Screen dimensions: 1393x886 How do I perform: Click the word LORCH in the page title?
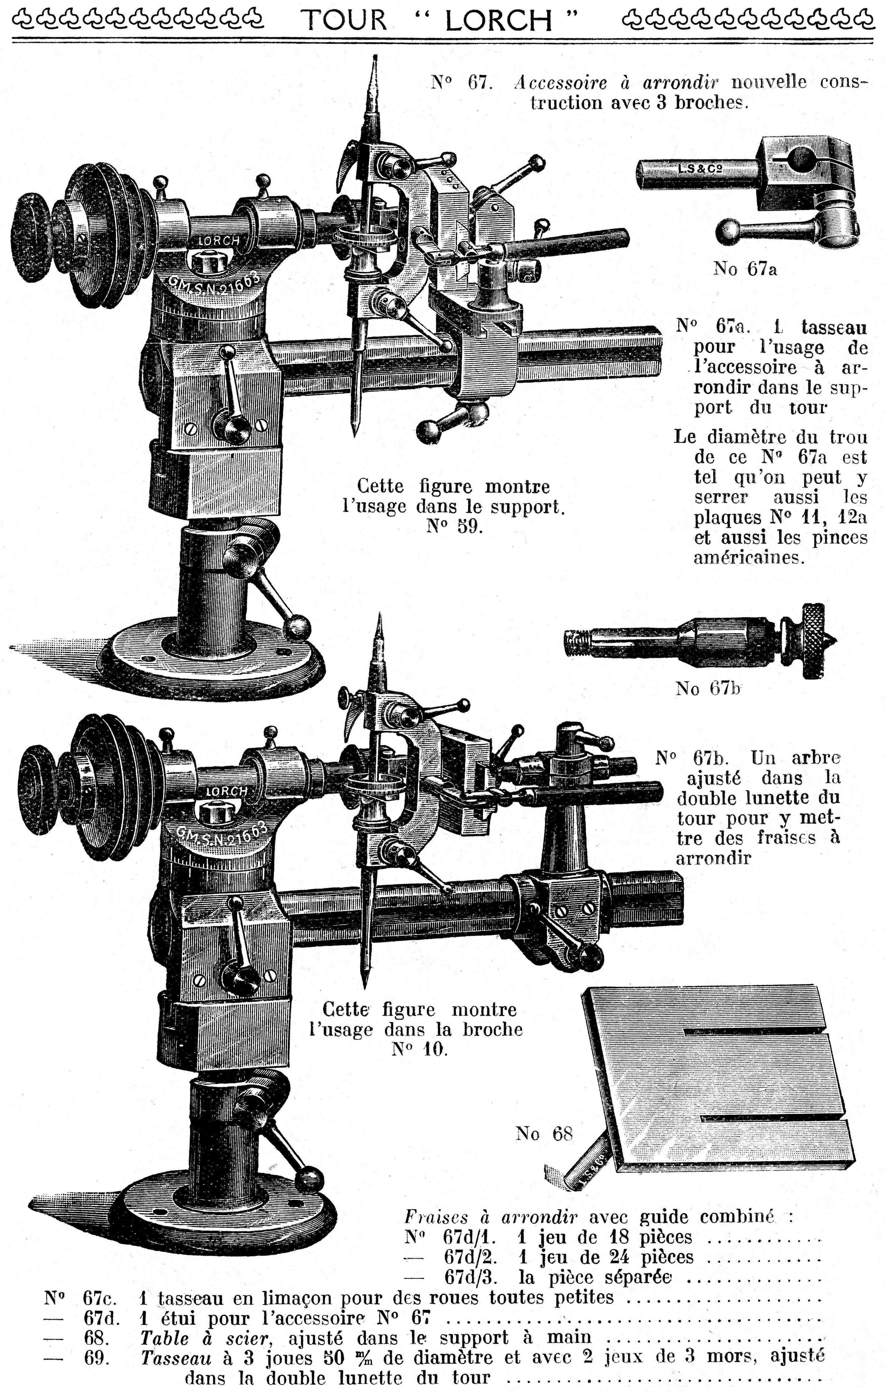click(x=499, y=21)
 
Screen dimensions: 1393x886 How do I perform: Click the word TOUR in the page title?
click(x=345, y=21)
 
